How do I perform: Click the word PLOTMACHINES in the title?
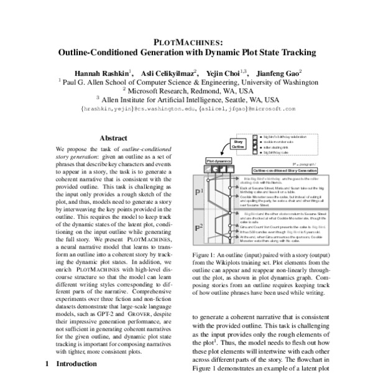186,41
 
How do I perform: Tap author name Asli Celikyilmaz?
170,71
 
